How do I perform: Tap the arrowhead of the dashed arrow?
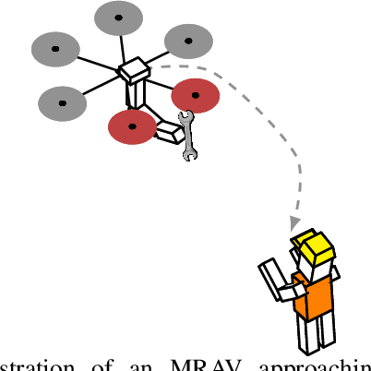(294, 223)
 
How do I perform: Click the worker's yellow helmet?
(313, 246)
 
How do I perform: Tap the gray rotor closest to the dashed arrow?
(189, 42)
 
